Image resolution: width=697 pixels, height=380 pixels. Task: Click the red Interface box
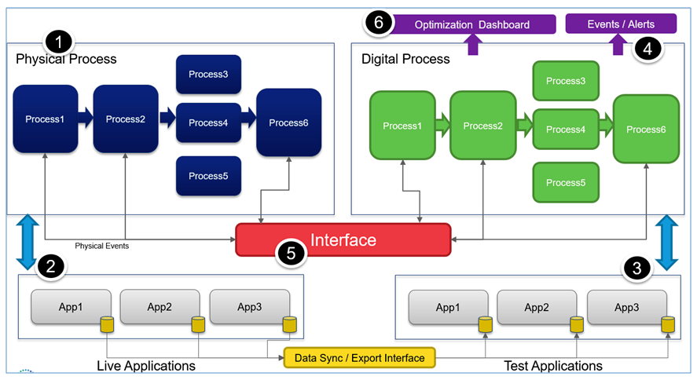343,239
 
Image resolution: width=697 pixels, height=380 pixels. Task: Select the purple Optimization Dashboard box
471,24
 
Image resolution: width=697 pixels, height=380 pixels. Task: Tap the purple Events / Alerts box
620,24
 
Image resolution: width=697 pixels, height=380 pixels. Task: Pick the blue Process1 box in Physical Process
45,119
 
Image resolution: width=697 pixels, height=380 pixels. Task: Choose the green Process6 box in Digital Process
646,129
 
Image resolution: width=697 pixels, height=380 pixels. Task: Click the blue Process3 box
208,75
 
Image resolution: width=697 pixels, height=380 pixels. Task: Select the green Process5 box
565,182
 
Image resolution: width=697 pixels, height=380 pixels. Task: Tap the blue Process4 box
208,122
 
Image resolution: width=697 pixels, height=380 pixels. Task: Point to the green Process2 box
482,126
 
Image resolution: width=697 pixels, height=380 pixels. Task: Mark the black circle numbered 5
290,254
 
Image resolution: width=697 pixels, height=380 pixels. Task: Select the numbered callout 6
379,23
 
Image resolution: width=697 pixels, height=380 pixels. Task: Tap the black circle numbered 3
636,269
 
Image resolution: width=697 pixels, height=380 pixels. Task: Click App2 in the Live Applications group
160,307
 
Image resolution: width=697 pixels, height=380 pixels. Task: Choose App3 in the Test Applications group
626,307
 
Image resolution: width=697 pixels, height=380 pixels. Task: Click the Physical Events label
101,246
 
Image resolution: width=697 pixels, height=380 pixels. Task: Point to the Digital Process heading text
405,59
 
